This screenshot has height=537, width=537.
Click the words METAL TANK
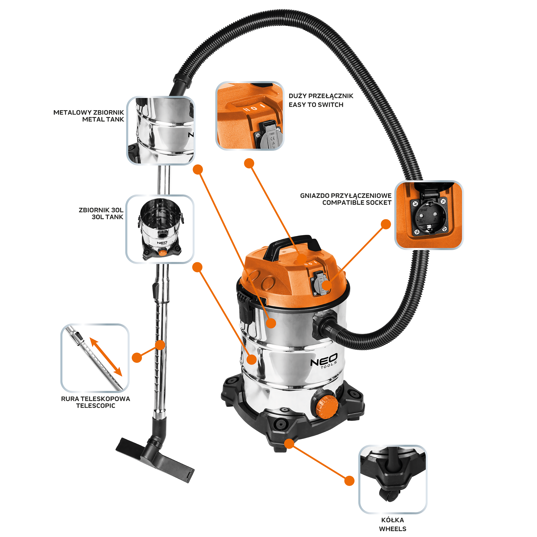[103, 119]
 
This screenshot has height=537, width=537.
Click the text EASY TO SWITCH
[316, 105]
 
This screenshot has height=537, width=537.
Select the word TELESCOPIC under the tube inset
[96, 406]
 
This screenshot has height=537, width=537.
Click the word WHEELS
[392, 529]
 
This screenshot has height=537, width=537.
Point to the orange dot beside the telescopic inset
[137, 358]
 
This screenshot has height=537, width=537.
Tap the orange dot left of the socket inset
[386, 224]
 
